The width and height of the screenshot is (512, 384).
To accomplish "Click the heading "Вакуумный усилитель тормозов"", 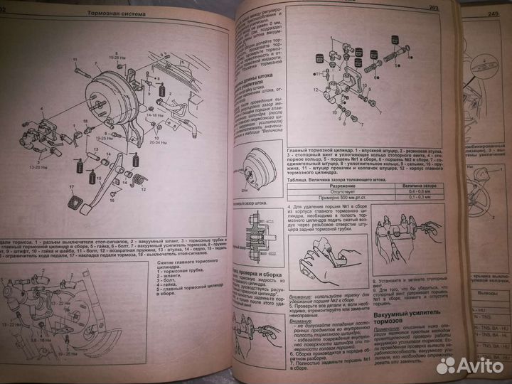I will [x=402, y=317].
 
